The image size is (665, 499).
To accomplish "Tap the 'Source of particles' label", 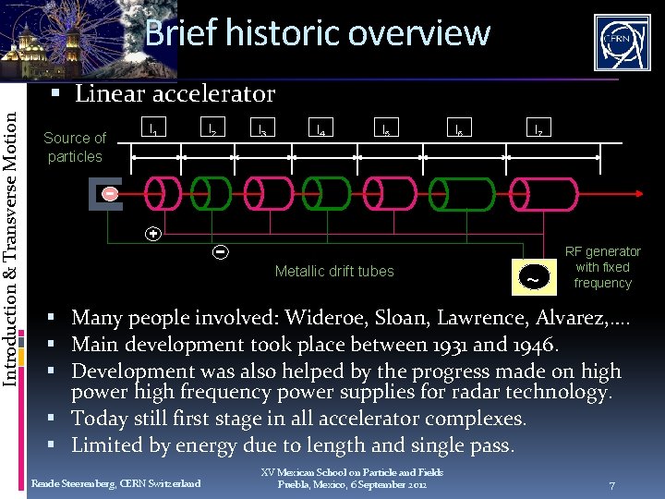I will [75, 147].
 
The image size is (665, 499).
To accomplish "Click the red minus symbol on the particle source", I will [110, 194].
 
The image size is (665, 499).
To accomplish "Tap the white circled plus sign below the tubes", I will [154, 234].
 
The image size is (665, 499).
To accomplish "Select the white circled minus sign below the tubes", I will [221, 250].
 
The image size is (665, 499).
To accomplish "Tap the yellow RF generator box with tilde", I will [533, 274].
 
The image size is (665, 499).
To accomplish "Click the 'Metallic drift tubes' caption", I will [334, 271].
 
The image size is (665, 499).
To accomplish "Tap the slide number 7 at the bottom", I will [611, 485].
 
